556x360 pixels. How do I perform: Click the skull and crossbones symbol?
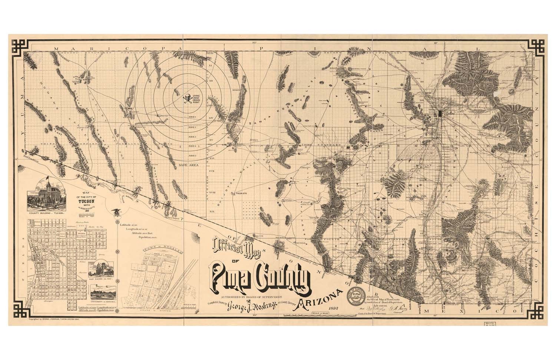click(188, 98)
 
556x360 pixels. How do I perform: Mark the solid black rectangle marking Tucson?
click(440, 113)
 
